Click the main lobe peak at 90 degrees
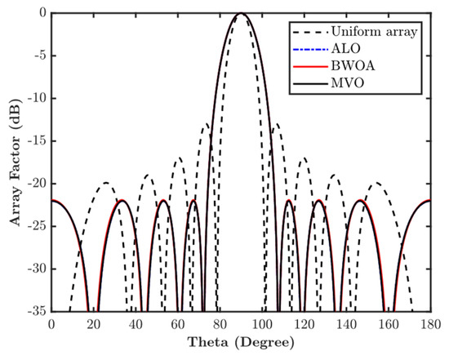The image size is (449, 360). click(x=241, y=14)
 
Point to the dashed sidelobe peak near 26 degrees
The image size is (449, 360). click(x=106, y=183)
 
